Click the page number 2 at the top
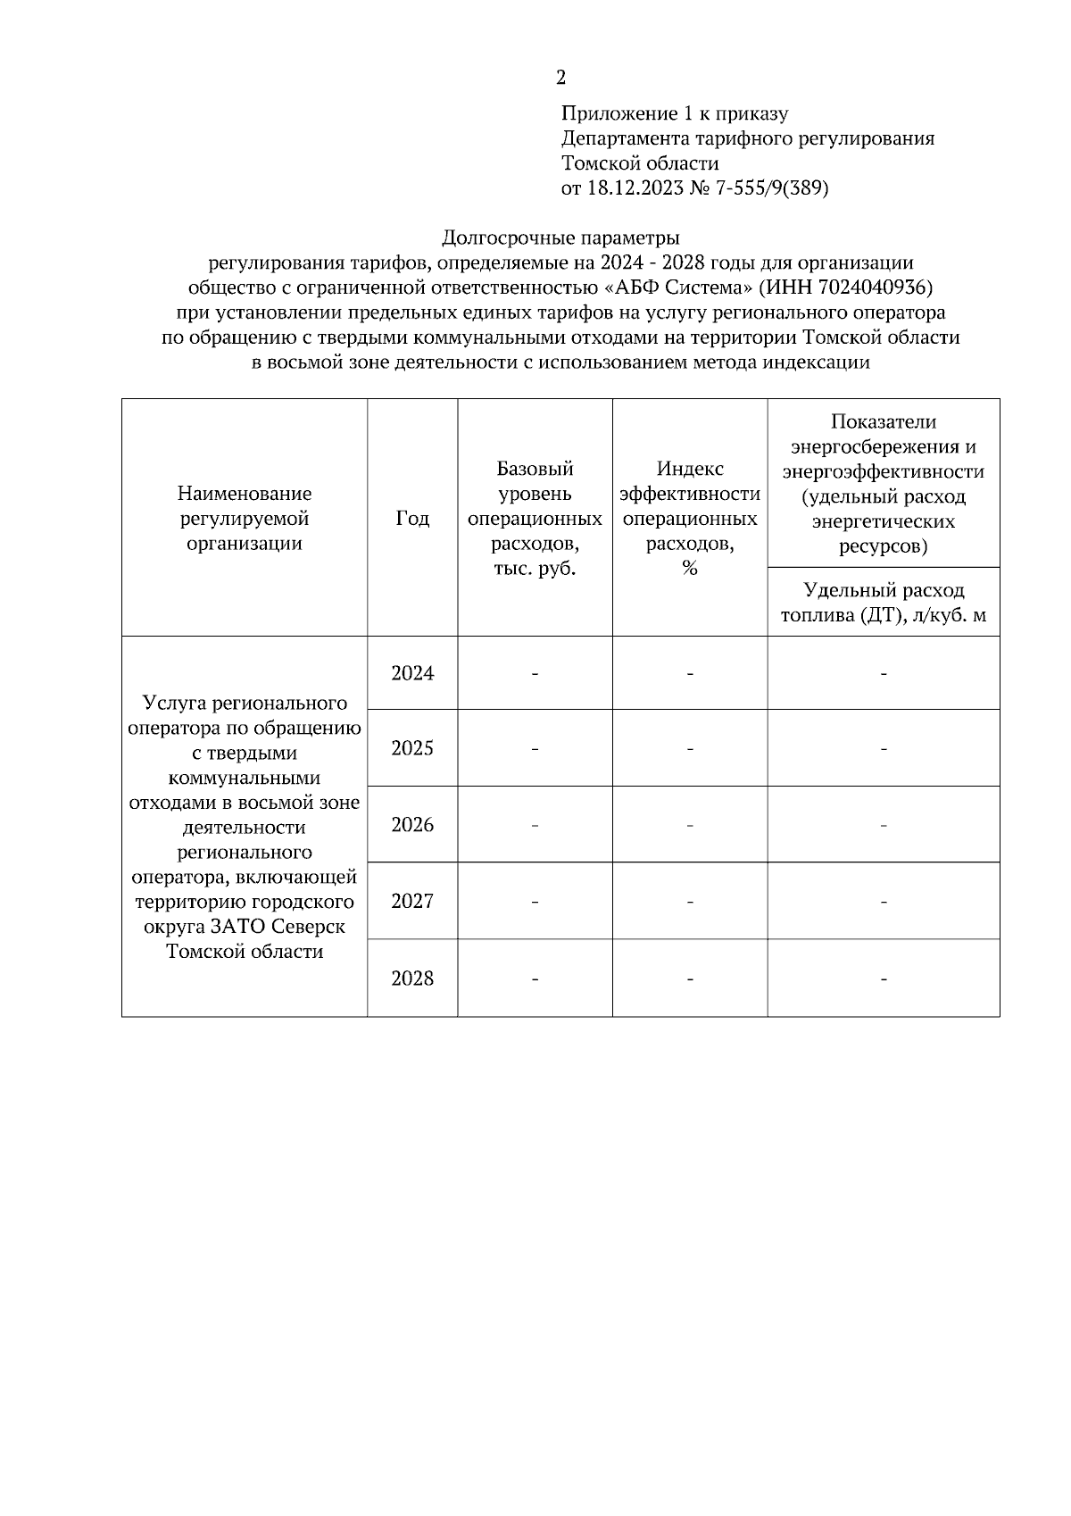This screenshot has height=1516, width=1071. tap(560, 78)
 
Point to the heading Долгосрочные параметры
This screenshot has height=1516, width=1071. tap(560, 238)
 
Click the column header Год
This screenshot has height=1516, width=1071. tap(412, 519)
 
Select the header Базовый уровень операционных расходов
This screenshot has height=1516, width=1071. tap(535, 519)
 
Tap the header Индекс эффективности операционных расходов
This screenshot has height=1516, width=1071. tap(690, 519)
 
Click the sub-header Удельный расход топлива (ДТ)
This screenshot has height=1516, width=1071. tap(884, 603)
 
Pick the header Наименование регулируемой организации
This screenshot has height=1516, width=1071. tap(245, 519)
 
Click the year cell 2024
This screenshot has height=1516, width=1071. tap(412, 674)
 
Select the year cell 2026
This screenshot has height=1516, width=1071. tap(412, 825)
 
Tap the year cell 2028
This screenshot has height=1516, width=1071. tap(412, 979)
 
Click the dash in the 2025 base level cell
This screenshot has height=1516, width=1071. tap(535, 749)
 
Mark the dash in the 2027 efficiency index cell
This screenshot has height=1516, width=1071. tap(690, 903)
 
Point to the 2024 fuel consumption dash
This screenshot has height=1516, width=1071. tap(884, 674)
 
